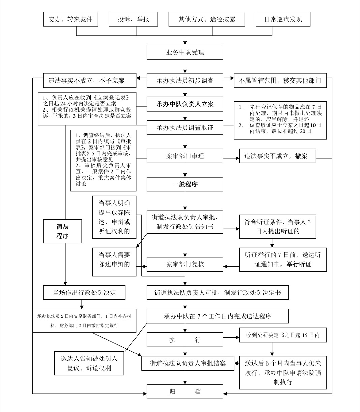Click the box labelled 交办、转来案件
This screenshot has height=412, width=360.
[x=70, y=19]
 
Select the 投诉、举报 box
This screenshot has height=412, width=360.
[x=133, y=19]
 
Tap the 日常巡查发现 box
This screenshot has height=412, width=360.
[x=283, y=19]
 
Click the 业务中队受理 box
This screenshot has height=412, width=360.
[x=185, y=52]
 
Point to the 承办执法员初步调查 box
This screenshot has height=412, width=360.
[x=185, y=81]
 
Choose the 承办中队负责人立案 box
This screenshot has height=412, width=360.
[x=185, y=104]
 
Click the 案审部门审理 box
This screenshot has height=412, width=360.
[x=185, y=156]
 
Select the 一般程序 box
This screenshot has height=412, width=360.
[x=185, y=184]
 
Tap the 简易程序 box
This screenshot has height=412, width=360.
[x=63, y=231]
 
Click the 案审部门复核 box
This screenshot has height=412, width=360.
[x=185, y=264]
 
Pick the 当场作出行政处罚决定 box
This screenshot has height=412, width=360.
[x=84, y=293]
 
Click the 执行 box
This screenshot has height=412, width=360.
[x=185, y=340]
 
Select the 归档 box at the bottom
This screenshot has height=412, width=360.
[x=185, y=392]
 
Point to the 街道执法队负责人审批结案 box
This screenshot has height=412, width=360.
[x=188, y=363]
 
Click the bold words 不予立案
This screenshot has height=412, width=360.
[x=112, y=81]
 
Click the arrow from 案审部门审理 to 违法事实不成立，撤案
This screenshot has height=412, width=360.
[x=231, y=156]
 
